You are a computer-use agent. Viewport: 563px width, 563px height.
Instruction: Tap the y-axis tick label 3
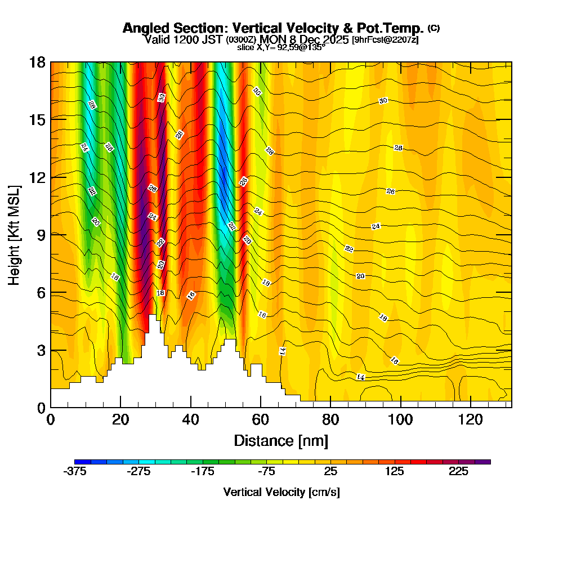click(41, 350)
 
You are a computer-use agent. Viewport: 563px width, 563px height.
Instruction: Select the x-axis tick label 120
click(471, 419)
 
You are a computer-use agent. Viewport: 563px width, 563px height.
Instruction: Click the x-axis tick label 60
click(261, 419)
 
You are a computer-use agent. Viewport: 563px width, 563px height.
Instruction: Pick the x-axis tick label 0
click(51, 419)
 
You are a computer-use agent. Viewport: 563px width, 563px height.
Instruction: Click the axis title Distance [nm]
click(281, 440)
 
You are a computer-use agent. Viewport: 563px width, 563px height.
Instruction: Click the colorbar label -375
click(75, 472)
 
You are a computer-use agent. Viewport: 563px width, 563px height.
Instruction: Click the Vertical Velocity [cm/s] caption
click(281, 492)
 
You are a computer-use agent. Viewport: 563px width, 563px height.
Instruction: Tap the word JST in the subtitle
click(212, 39)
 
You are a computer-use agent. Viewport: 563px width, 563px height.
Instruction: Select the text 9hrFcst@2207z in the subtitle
click(385, 40)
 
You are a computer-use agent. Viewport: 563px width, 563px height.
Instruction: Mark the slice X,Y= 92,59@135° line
click(281, 48)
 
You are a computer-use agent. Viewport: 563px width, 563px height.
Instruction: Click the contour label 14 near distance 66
click(283, 351)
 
